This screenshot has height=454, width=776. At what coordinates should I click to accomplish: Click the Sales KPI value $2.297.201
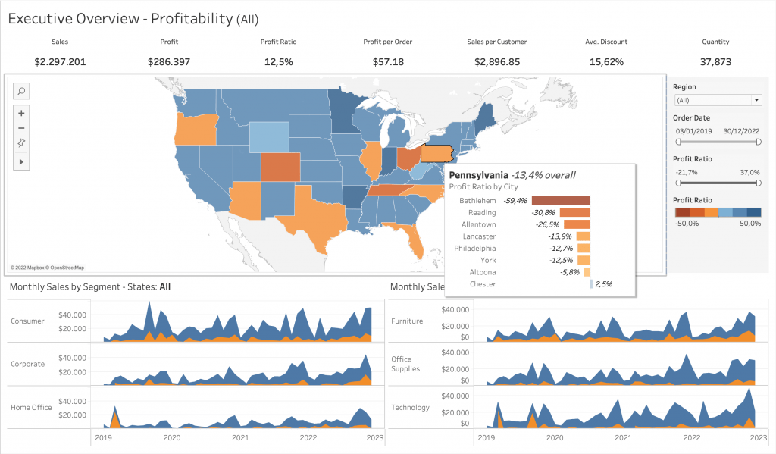click(60, 61)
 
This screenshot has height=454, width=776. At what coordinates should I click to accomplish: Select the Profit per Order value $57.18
click(388, 61)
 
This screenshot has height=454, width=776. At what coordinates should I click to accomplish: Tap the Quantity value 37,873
click(716, 61)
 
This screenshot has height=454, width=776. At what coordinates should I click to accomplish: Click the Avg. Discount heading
click(606, 42)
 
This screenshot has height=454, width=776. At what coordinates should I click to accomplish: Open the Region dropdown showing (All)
click(717, 100)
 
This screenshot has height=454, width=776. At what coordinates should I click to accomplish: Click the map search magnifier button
click(21, 91)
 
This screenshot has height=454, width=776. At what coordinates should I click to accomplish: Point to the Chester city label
click(483, 284)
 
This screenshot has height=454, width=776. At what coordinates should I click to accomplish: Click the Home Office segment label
click(31, 407)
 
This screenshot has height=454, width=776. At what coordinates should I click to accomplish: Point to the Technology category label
click(410, 408)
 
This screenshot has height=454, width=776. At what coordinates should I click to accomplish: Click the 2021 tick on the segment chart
click(240, 438)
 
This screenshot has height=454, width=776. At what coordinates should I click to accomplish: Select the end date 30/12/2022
click(741, 131)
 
